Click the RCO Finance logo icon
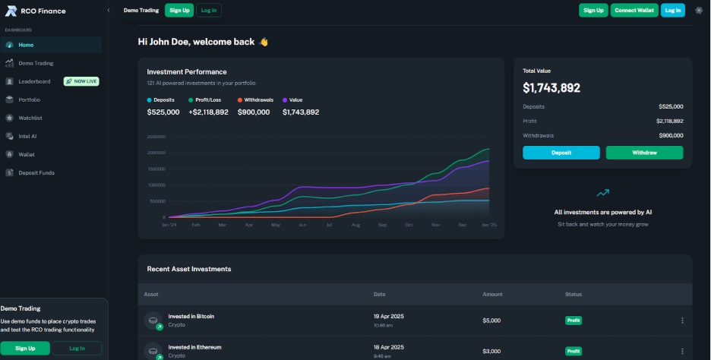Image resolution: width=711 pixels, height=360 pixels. [11, 11]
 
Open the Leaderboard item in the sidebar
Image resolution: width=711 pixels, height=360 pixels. [34, 81]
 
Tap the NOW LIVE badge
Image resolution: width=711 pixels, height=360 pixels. [81, 81]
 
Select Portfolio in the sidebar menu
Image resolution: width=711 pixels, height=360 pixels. [29, 99]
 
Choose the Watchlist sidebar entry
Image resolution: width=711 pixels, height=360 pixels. [30, 118]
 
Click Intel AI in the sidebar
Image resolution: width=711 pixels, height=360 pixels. [27, 136]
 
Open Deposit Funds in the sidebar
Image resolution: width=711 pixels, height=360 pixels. [36, 172]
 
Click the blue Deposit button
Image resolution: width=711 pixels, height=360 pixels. [561, 153]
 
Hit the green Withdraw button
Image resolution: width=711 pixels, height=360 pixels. [644, 153]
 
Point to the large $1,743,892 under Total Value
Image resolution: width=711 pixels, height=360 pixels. [551, 88]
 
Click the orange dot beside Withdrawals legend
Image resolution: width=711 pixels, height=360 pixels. [239, 100]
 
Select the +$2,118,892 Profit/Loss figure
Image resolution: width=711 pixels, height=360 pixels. [208, 112]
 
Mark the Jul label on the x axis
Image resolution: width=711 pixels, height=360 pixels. [329, 225]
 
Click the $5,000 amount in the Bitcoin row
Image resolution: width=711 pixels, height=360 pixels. [491, 321]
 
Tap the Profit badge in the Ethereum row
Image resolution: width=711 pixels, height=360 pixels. [574, 351]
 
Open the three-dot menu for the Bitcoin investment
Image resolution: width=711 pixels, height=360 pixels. [682, 321]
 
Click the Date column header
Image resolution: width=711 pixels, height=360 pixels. [380, 294]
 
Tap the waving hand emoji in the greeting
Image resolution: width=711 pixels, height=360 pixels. [264, 42]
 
